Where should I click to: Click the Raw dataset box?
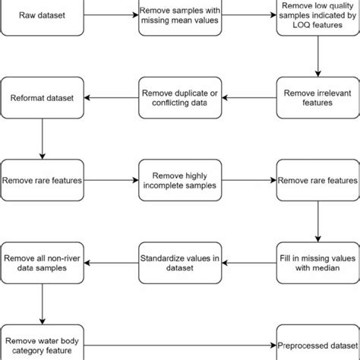(x=42, y=14)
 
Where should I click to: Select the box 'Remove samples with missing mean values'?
(x=179, y=14)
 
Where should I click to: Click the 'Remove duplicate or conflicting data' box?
(x=179, y=97)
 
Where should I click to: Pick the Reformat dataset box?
(x=42, y=97)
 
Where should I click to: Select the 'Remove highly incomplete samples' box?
(x=179, y=180)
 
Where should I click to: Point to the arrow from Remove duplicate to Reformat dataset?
(x=110, y=97)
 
